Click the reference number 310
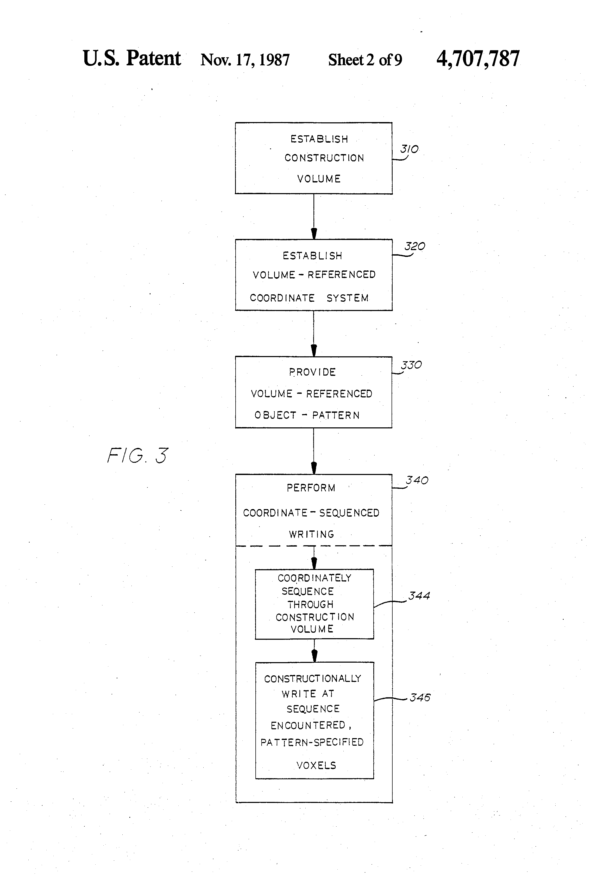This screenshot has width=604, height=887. tap(409, 149)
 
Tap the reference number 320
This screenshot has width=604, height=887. tap(415, 246)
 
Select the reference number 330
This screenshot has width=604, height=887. tap(411, 365)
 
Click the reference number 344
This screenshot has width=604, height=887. tap(419, 595)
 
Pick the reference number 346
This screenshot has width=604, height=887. tap(420, 697)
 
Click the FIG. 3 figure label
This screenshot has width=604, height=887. tap(137, 455)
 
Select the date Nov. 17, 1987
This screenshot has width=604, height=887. tap(245, 60)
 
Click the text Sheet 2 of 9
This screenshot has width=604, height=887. tap(365, 60)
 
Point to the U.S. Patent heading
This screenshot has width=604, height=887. tap(132, 58)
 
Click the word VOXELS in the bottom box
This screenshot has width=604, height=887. tap(316, 765)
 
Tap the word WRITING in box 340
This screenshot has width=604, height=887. tap(312, 534)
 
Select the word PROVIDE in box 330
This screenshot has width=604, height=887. tap(312, 372)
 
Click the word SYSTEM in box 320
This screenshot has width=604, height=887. tap(348, 298)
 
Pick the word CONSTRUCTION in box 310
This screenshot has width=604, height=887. tap(324, 158)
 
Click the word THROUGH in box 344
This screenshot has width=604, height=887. tap(310, 605)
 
